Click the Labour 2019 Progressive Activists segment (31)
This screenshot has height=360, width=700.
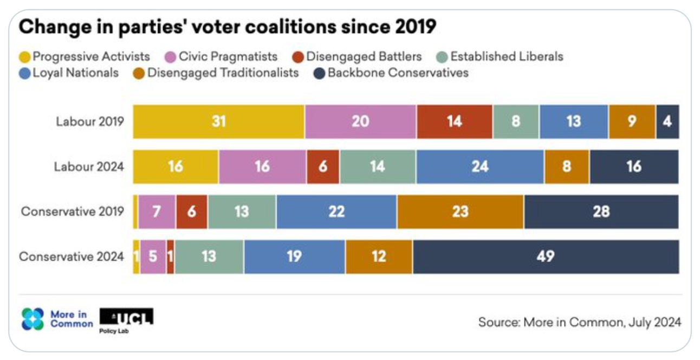tap(218, 121)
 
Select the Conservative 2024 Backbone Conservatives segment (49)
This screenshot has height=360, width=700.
tap(545, 256)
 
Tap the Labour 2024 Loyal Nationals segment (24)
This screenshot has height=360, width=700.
tap(479, 166)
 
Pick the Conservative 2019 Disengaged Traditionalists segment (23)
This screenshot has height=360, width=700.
tap(460, 211)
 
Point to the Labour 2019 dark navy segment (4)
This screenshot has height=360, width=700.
tap(667, 121)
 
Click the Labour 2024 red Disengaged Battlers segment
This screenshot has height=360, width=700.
tap(323, 166)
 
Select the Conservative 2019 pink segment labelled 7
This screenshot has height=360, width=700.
tap(156, 211)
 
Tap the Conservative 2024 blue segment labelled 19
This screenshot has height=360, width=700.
tap(294, 256)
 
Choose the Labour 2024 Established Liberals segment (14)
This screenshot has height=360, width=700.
tap(378, 166)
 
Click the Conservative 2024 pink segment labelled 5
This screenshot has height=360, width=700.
tap(153, 256)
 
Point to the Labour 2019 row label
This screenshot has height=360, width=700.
tap(89, 121)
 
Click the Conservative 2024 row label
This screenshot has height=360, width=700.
tap(72, 256)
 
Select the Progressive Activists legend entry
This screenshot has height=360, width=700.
tap(85, 56)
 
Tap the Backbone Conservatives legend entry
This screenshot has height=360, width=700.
tap(391, 73)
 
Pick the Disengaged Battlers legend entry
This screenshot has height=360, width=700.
tap(358, 56)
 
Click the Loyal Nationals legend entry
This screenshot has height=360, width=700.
tap(70, 73)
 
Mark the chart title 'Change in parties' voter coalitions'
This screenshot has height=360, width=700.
tap(228, 26)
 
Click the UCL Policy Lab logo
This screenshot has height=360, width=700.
tap(126, 319)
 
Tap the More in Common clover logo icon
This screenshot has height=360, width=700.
tap(33, 319)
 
